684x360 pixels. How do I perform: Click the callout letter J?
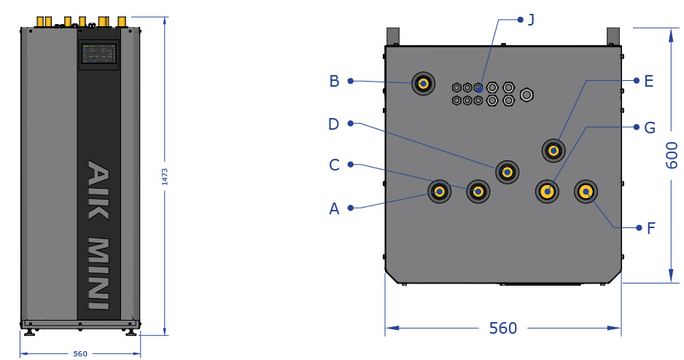[x=531, y=20]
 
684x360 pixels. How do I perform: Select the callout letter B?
[x=334, y=81]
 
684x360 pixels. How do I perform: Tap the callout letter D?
[x=334, y=124]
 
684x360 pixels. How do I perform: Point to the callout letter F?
[x=651, y=228]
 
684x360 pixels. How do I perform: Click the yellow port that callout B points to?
[x=423, y=83]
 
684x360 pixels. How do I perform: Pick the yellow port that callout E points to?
[x=553, y=151]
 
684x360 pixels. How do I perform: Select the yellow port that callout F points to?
[x=586, y=192]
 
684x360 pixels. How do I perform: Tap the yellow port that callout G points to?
[x=547, y=192]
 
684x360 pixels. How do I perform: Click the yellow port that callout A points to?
[x=439, y=192]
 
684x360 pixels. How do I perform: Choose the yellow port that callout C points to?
[x=478, y=192]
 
